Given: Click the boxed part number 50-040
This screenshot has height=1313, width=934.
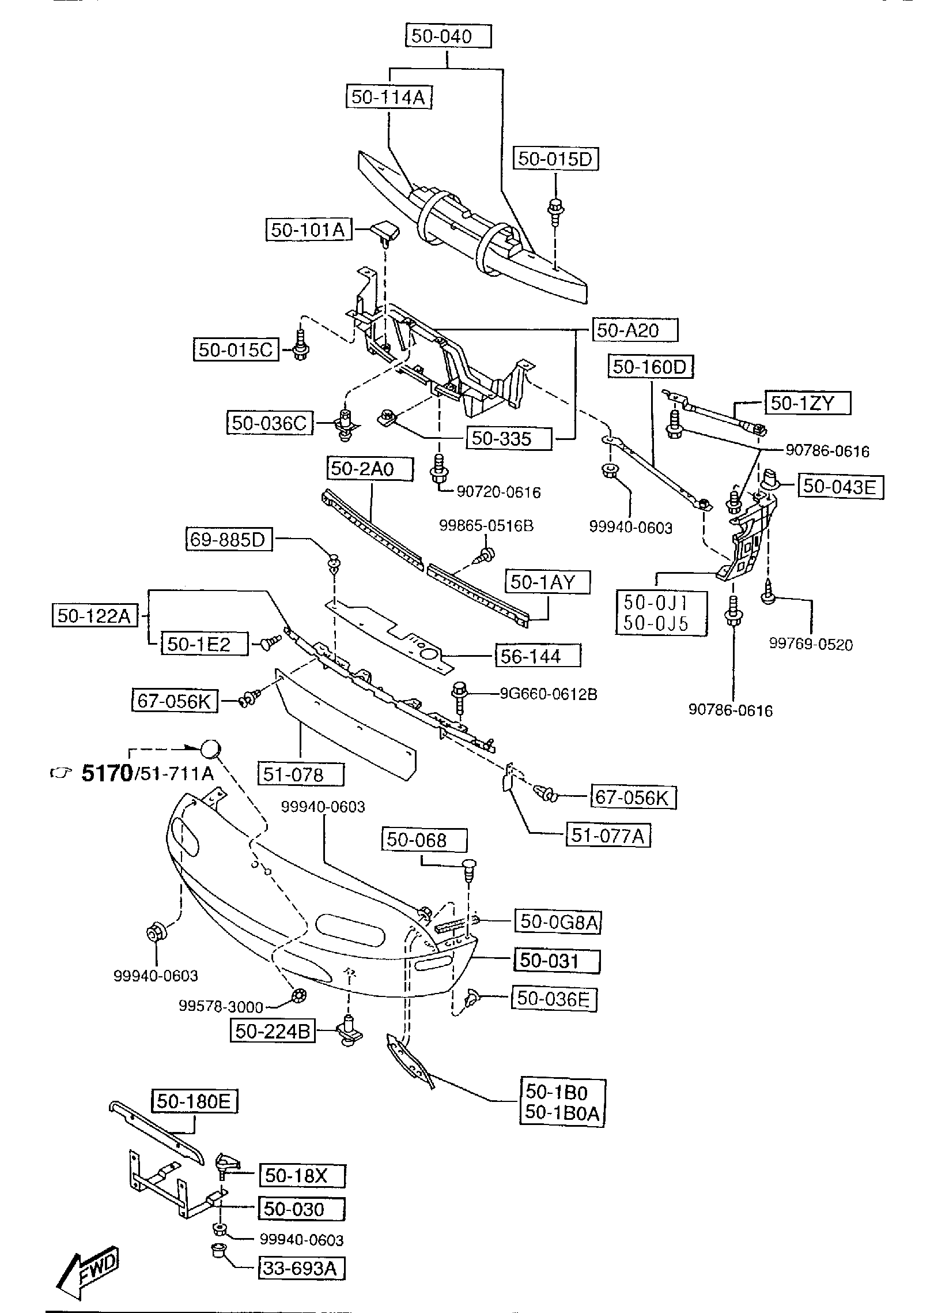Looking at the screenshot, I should coord(448,36).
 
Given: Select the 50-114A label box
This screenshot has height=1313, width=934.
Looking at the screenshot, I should coord(388,97).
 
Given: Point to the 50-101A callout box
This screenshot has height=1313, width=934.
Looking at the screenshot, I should coord(308,230).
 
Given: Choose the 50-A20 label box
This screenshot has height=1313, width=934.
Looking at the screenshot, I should coord(634,330).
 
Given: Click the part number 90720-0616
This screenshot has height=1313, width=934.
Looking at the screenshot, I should coord(498,492).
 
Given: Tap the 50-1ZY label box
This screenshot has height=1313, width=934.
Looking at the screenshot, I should coord(807,403).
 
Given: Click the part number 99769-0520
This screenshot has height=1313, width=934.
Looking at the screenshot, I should coord(811,644).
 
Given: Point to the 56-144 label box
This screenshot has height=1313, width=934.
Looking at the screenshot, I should coord(537,656).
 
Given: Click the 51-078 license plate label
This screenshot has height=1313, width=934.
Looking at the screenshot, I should coord(301,774).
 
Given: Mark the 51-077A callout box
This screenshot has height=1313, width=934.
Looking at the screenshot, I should coord(608,836).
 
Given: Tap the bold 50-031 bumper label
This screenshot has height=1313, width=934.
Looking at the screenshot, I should coord(557,960).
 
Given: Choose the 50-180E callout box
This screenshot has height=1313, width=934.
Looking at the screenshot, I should coord(194,1101).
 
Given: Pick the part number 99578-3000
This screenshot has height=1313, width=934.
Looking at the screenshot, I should coord(221,1006).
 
